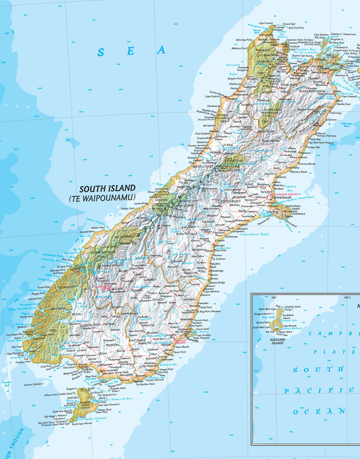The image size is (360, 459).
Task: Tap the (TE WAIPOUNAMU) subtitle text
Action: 102,198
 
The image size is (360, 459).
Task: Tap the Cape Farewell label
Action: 265,23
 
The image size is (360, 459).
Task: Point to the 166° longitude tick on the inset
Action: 274,297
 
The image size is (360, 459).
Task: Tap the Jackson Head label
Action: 98,228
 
